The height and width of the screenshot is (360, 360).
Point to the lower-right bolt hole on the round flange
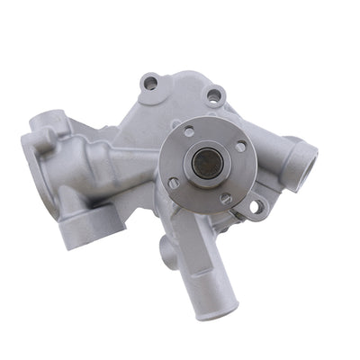pyautogui.click(x=225, y=197)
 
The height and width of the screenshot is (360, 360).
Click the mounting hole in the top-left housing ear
pyautogui.click(x=151, y=83)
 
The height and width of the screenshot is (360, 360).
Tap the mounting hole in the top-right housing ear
pyautogui.click(x=215, y=93)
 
